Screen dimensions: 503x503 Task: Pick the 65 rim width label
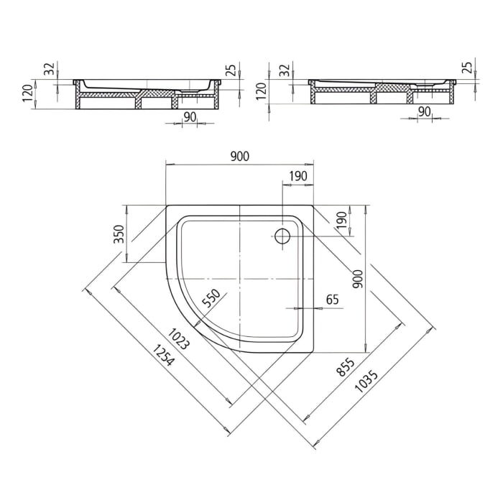pyautogui.click(x=332, y=300)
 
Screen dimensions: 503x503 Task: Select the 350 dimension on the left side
pyautogui.click(x=120, y=234)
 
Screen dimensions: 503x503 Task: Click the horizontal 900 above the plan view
pyautogui.click(x=240, y=157)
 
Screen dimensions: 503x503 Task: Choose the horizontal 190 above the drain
pyautogui.click(x=297, y=176)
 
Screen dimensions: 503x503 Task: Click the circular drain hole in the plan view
pyautogui.click(x=282, y=236)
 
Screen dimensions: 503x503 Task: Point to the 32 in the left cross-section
pyautogui.click(x=50, y=69)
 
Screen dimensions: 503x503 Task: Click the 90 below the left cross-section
pyautogui.click(x=190, y=116)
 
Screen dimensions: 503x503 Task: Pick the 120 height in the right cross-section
pyautogui.click(x=262, y=90)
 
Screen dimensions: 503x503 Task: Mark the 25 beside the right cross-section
pyautogui.click(x=467, y=68)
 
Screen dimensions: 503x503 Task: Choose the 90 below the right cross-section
pyautogui.click(x=424, y=111)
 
